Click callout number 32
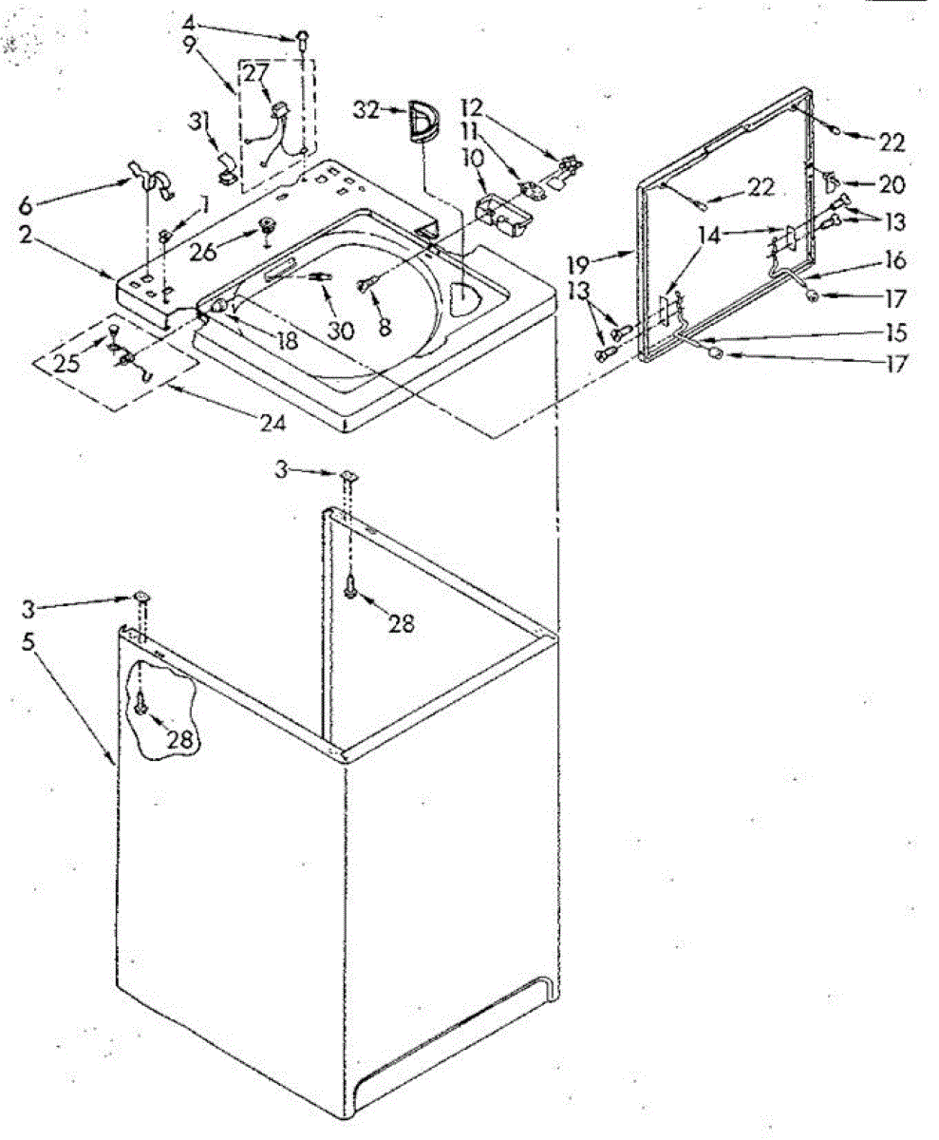[x=368, y=111]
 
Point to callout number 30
[x=341, y=331]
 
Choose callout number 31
[x=198, y=121]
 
